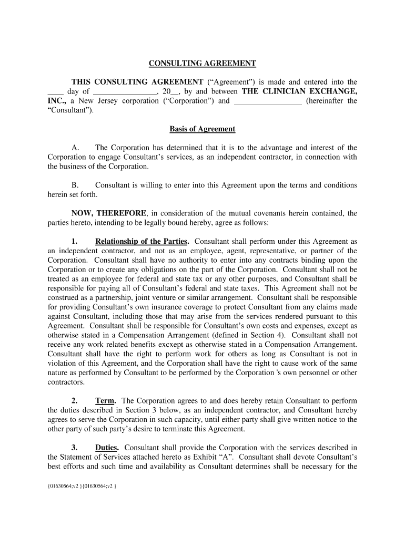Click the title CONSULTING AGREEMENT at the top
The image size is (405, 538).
(202, 64)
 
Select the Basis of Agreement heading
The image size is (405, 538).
(202, 129)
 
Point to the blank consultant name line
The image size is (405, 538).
(267, 101)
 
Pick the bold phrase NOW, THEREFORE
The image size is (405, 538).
(109, 213)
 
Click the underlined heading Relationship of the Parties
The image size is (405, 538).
(141, 241)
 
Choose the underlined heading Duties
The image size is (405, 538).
(107, 447)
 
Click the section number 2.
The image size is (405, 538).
(75, 400)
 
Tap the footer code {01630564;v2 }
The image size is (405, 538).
(64, 486)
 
